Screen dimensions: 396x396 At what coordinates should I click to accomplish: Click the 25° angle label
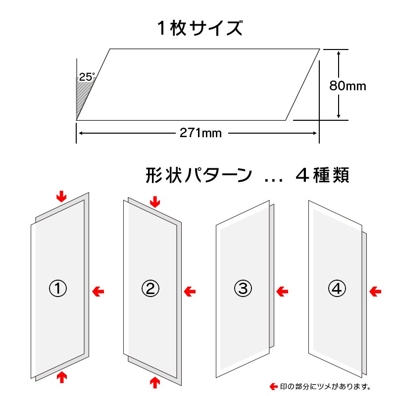tap(87, 77)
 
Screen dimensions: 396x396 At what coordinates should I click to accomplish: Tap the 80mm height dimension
tap(347, 86)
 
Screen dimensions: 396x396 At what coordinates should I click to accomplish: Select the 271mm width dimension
tap(200, 133)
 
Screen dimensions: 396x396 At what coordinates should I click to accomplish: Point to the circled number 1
tap(58, 289)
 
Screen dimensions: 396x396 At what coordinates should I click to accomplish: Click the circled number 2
tap(150, 289)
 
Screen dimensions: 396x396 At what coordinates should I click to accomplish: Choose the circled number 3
tap(243, 289)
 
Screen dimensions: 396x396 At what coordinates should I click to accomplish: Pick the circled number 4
tap(337, 289)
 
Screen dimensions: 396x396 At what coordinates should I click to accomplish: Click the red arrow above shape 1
tap(61, 197)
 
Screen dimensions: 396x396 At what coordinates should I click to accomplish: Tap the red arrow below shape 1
tap(61, 377)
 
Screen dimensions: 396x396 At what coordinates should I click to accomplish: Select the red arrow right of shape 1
tap(98, 292)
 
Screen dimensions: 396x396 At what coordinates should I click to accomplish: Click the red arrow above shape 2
tap(155, 202)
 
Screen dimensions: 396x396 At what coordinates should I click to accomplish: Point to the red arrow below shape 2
tap(155, 382)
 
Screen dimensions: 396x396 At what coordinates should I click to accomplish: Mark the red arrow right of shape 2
tap(190, 292)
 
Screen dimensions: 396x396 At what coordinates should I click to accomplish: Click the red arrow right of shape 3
tap(282, 292)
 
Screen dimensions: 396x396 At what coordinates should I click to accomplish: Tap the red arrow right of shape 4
tap(375, 292)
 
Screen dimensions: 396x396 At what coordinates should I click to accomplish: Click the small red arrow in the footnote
tap(274, 387)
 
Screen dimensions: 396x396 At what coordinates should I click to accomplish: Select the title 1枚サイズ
tap(200, 28)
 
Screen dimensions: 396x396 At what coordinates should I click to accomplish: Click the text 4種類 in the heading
tap(323, 175)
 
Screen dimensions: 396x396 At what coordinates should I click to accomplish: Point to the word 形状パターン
tap(199, 175)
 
